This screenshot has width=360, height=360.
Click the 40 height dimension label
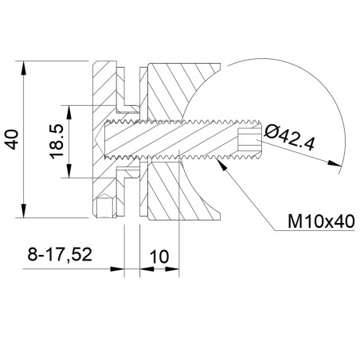pos(12,139)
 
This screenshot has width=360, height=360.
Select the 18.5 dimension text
pos(57,142)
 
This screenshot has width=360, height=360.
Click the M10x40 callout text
pos(321,221)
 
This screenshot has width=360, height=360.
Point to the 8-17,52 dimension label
pos(60,254)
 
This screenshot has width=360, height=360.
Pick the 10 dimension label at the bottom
pos(159,256)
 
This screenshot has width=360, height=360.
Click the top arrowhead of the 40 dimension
pos(24,68)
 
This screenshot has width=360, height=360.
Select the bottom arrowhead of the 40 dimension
pos(24,210)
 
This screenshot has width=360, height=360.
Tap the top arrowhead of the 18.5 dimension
pos(69,112)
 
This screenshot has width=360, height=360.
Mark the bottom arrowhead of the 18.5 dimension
pos(69,171)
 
